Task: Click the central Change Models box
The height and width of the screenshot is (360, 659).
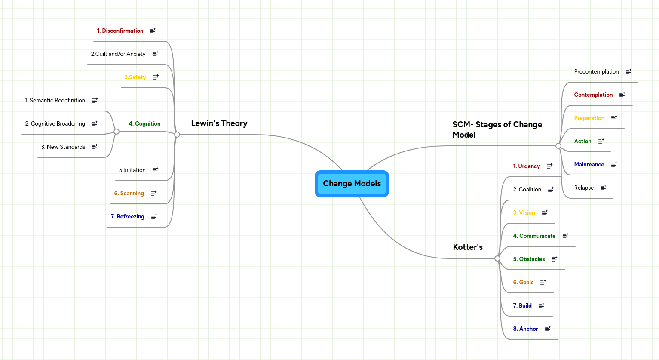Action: coord(352,184)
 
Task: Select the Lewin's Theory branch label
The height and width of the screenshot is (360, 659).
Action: coord(219,123)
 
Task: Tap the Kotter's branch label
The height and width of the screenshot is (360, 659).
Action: coord(468,247)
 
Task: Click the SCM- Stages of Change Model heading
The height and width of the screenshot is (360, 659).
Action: coord(497,129)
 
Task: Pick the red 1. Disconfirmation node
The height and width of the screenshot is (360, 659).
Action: coord(120,31)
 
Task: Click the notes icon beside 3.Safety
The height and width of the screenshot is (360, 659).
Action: coord(156,77)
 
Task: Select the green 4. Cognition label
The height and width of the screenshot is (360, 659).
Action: coord(144,124)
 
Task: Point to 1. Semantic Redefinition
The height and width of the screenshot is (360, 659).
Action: coord(55,101)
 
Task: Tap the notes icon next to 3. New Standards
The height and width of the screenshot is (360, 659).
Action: coord(95,147)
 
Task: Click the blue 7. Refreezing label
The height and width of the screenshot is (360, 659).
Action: coord(127,217)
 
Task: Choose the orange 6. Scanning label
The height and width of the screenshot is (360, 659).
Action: coord(129,194)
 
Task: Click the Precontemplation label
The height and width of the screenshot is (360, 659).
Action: coord(596,72)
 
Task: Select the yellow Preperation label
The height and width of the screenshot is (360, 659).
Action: coord(589,118)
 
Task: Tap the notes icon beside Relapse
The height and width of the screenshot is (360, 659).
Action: coord(603,188)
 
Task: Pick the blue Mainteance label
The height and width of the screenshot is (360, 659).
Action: coord(589,165)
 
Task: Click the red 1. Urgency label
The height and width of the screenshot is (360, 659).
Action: coord(526,166)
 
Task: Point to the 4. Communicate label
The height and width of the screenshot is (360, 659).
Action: coord(534,236)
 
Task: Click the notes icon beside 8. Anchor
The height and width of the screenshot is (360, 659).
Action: coord(548,329)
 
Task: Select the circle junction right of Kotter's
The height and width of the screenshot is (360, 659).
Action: coord(497,258)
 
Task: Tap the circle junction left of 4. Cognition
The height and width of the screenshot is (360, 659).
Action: coord(116,132)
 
